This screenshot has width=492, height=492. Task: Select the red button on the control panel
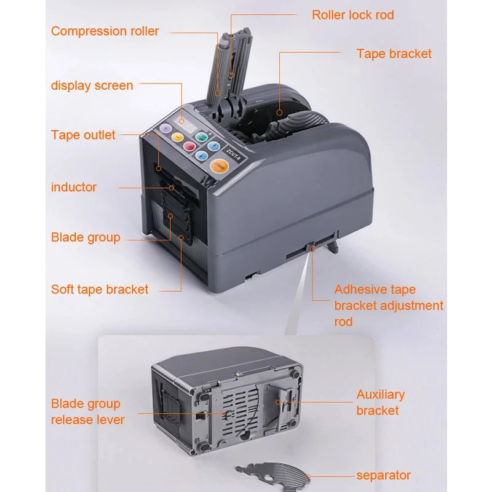pyautogui.click(x=189, y=146)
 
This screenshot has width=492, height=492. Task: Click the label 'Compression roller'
pyautogui.click(x=105, y=31)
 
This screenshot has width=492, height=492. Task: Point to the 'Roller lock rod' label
pyautogui.click(x=353, y=15)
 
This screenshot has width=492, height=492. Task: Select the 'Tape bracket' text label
pyautogui.click(x=394, y=54)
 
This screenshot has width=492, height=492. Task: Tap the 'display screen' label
pyautogui.click(x=92, y=85)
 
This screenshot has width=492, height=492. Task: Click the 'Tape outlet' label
pyautogui.click(x=83, y=135)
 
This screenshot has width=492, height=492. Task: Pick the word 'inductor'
pyautogui.click(x=74, y=187)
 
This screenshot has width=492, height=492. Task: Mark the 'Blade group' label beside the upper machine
pyautogui.click(x=85, y=237)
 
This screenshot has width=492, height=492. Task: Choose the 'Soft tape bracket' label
pyautogui.click(x=100, y=289)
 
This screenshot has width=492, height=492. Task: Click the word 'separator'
pyautogui.click(x=383, y=475)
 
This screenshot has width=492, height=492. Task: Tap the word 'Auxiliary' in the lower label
pyautogui.click(x=381, y=395)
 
